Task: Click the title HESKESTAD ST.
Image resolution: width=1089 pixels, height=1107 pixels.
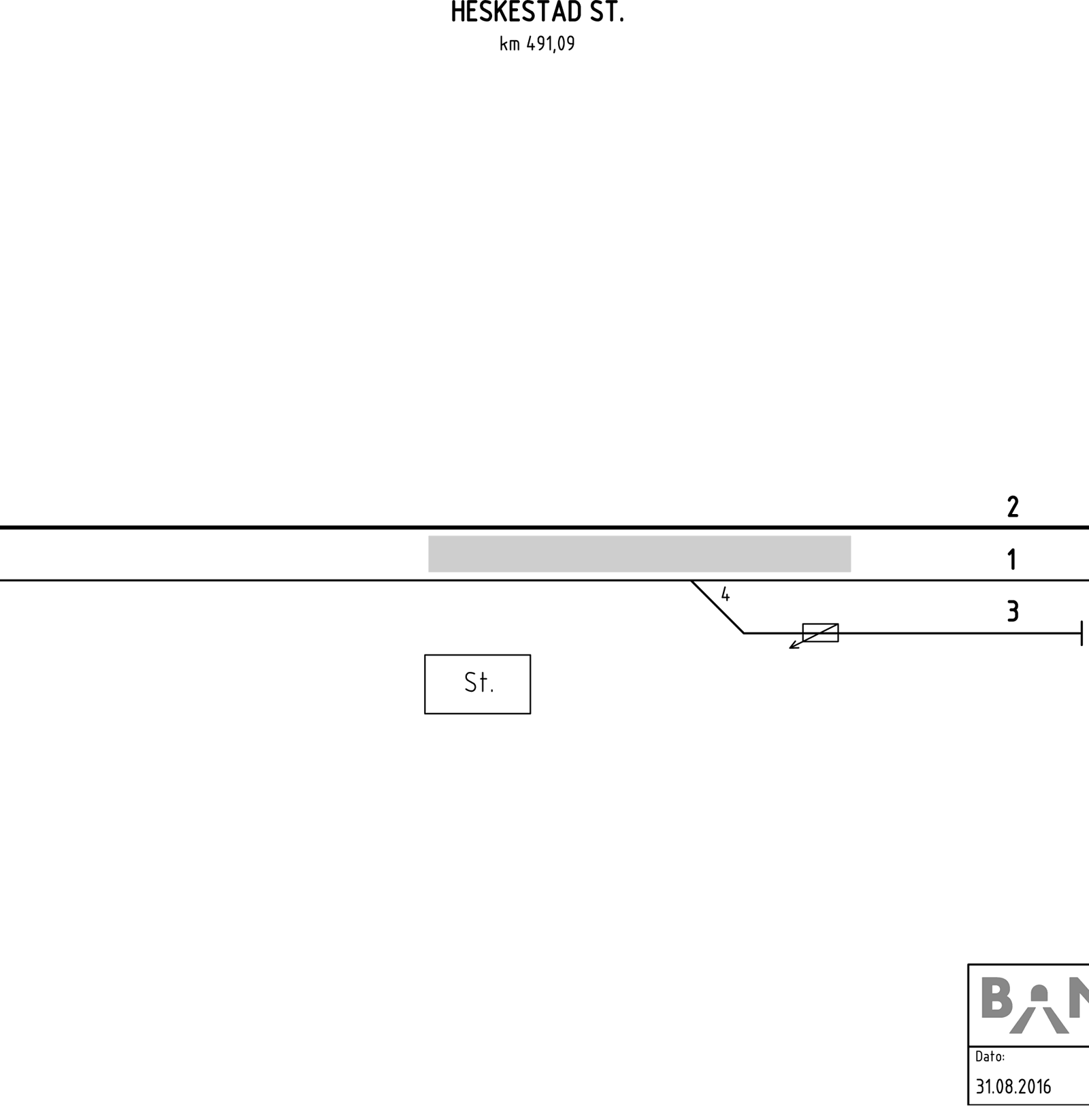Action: pos(537,12)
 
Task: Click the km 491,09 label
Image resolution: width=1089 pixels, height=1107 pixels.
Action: pos(537,44)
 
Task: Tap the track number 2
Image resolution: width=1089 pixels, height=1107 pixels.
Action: pos(1013,507)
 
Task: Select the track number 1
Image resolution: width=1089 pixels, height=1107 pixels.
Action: pos(1012,560)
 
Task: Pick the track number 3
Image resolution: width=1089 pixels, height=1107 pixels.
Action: pos(1013,611)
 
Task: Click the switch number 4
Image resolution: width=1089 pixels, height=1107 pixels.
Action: pos(726,594)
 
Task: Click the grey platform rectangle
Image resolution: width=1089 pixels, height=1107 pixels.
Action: pos(639,553)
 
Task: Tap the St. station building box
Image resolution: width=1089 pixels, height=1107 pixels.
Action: pos(477,684)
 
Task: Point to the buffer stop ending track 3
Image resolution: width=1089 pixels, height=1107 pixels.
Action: pos(1082,633)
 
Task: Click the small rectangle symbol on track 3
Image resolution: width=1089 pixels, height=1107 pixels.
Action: pos(820,632)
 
